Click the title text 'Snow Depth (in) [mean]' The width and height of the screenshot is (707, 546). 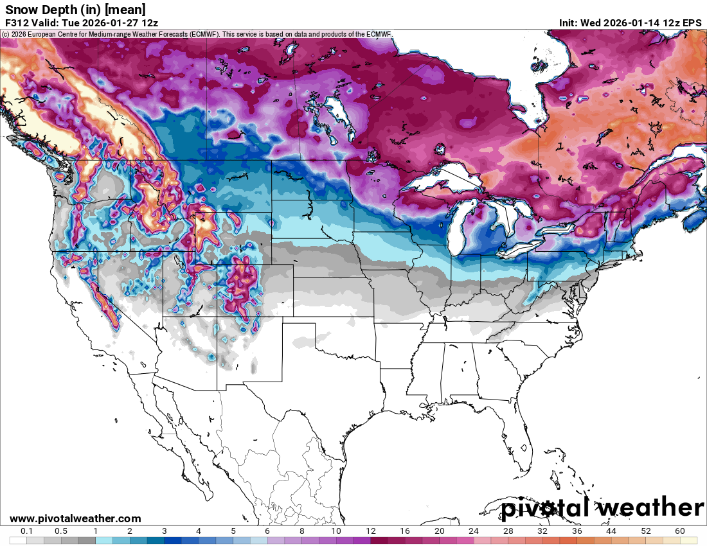pyautogui.click(x=75, y=9)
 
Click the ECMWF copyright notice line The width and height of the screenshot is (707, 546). pyautogui.click(x=196, y=33)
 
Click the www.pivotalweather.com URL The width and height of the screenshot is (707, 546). pyautogui.click(x=75, y=518)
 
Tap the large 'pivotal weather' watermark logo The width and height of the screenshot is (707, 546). pyautogui.click(x=602, y=508)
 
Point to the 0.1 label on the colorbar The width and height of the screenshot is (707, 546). pyautogui.click(x=27, y=531)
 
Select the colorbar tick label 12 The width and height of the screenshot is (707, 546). pyautogui.click(x=371, y=531)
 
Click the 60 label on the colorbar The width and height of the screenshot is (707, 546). pyautogui.click(x=680, y=531)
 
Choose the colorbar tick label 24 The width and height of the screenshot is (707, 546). pyautogui.click(x=474, y=531)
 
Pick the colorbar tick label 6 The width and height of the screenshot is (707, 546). pyautogui.click(x=267, y=531)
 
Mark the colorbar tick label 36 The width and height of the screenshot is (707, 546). pyautogui.click(x=577, y=531)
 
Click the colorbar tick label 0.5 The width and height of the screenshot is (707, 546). pyautogui.click(x=61, y=531)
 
